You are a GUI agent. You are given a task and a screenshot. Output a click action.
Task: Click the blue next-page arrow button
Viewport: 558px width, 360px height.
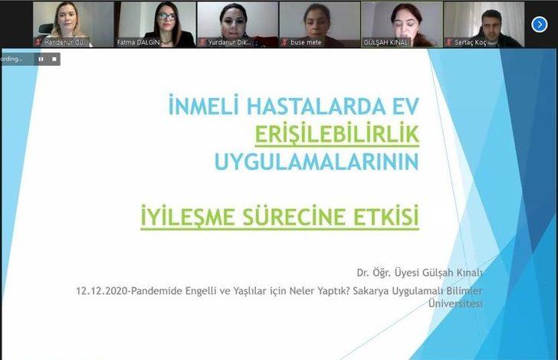click(540, 25)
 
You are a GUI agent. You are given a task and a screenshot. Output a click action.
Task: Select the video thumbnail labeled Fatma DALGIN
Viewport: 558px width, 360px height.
click(155, 25)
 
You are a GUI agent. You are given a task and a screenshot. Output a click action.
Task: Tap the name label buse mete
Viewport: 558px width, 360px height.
click(307, 43)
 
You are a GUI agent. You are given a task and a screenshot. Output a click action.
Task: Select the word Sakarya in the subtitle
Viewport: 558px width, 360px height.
click(357, 290)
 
